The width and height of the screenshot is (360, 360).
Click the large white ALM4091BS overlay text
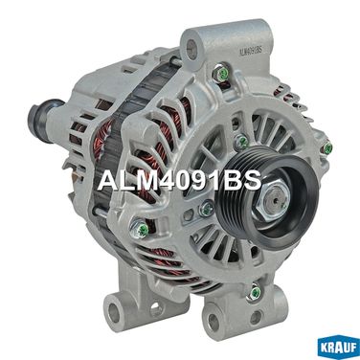[x=180, y=181]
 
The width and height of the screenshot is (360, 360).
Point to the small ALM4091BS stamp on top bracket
[x=250, y=50]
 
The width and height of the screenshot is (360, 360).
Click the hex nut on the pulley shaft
[x=274, y=202]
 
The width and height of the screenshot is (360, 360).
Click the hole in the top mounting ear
[x=191, y=50]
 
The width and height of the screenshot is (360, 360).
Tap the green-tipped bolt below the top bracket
[x=221, y=73]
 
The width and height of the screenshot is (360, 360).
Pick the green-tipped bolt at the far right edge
[x=327, y=147]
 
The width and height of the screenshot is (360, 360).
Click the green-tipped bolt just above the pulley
[x=241, y=142]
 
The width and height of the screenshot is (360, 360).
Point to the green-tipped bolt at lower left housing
[x=140, y=228]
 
